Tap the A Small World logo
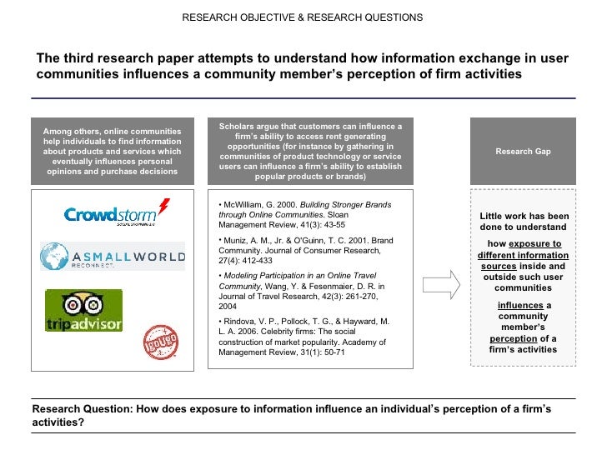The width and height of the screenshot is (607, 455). coord(113,256)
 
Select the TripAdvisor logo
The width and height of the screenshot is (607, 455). coord(83,310)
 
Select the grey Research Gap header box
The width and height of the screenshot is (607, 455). coord(523,152)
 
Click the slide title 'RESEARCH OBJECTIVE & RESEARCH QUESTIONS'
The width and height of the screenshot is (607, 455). coord(303,17)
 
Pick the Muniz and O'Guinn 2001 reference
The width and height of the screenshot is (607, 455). coord(303,252)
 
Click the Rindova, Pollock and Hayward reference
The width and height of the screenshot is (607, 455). coord(303,336)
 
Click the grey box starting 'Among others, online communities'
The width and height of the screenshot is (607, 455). coord(113,152)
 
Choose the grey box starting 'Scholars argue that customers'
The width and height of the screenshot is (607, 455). coord(310,152)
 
